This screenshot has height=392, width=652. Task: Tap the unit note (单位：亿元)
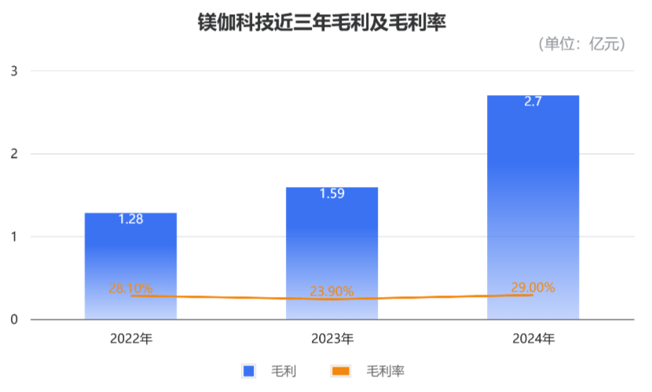click(x=582, y=44)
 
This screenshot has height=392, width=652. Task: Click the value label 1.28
click(x=130, y=219)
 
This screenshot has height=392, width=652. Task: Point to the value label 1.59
click(x=331, y=193)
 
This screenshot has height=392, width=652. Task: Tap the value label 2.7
click(x=533, y=101)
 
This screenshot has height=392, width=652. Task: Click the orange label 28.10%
click(x=130, y=288)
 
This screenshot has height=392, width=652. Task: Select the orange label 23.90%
click(x=331, y=291)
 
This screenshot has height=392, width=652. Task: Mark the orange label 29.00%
click(x=533, y=288)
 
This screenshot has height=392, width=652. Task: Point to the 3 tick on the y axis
click(x=13, y=71)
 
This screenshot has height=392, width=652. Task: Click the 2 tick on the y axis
click(x=13, y=154)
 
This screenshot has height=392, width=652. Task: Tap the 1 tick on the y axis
click(x=13, y=236)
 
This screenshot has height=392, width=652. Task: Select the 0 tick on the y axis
click(x=13, y=320)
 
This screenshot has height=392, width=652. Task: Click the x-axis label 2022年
click(x=130, y=339)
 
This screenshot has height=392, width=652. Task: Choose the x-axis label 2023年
click(x=331, y=339)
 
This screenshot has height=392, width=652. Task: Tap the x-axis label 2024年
click(x=533, y=339)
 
